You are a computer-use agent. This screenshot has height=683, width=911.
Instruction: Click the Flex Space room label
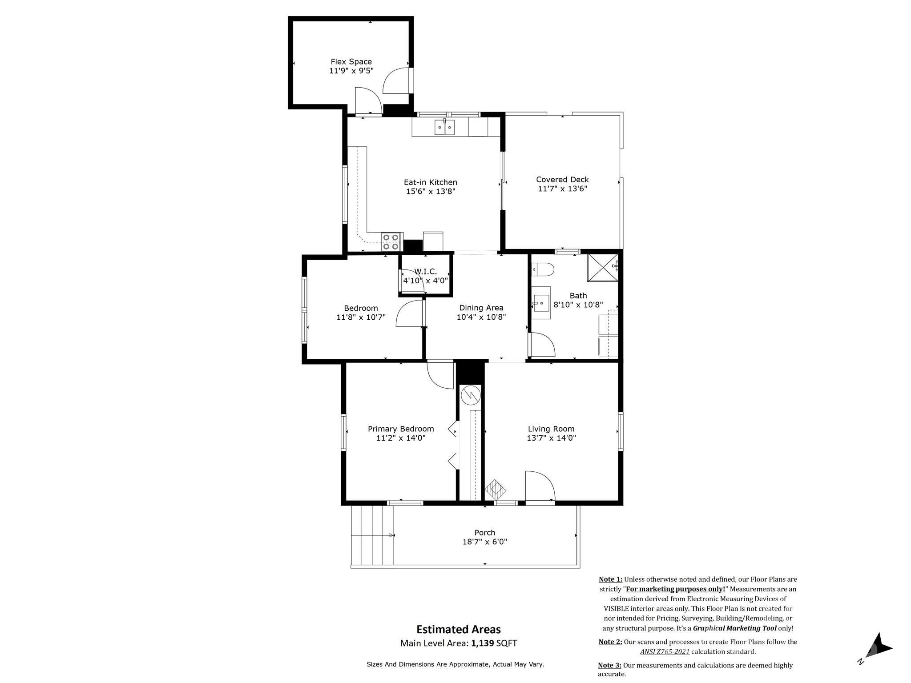351,62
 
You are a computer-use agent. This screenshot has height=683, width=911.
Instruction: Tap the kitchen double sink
445,128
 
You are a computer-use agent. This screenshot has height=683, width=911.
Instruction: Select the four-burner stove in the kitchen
391,242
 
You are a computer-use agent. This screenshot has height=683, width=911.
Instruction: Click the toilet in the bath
543,269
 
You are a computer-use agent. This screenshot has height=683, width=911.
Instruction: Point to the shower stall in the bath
602,268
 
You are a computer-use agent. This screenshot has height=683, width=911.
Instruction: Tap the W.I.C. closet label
425,272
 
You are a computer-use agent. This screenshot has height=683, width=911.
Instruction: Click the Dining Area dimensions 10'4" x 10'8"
481,317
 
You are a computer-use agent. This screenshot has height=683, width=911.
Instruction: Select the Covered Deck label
562,180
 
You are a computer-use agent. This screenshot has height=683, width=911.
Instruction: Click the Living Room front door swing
540,486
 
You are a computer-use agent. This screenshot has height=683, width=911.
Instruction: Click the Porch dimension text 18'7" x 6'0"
484,542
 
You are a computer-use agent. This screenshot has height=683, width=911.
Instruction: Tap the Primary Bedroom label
400,429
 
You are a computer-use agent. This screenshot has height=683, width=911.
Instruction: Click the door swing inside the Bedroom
409,314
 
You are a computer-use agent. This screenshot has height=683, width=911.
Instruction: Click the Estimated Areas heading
458,630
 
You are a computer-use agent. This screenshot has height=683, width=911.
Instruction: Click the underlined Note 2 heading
610,642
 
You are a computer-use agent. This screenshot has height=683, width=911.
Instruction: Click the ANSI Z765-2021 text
665,652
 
